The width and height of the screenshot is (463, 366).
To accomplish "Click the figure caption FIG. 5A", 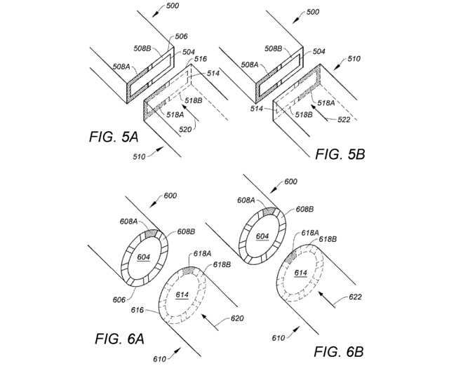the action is tap(114, 137).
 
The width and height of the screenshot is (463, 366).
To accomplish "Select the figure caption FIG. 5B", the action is tap(340, 154).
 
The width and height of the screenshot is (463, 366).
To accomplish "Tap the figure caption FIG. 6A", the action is tap(119, 339).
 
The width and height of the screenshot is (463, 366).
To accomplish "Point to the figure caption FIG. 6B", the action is tap(338, 351).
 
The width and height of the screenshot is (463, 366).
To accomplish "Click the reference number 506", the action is tap(181, 36).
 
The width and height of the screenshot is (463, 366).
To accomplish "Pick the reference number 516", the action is tap(201, 59).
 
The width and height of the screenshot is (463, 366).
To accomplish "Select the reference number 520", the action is tap(185, 129).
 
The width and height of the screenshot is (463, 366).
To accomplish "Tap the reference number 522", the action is tap(344, 119).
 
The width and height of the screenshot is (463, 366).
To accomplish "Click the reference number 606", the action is tap(119, 300).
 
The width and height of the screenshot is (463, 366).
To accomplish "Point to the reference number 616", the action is tap(137, 310).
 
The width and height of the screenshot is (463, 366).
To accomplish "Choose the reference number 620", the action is tap(237, 318).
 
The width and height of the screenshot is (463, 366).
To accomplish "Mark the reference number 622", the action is tap(355, 297).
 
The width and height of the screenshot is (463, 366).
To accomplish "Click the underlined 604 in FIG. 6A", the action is tap(144, 257).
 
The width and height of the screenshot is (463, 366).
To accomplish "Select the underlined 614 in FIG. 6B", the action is tap(300, 273).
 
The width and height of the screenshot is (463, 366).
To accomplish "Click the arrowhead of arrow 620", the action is tap(204, 317).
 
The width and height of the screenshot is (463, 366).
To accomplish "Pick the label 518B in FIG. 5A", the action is tap(194, 100).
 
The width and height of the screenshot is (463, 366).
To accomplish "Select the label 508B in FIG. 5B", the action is tap(274, 48).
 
